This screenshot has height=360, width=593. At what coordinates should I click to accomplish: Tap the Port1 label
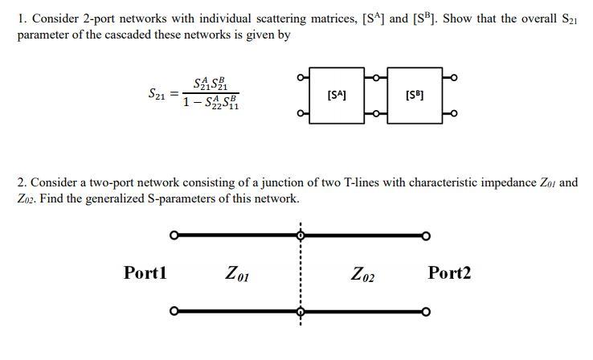(x=145, y=272)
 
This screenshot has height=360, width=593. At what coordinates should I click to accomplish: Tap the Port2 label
(x=449, y=272)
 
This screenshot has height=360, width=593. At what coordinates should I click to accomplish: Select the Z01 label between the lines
(x=238, y=274)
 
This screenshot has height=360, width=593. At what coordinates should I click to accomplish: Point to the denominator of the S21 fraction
(x=211, y=103)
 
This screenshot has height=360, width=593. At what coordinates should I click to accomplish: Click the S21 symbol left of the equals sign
(x=160, y=94)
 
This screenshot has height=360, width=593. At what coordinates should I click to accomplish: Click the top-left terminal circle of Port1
(x=174, y=235)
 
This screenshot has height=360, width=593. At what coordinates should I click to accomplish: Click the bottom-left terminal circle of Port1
(x=174, y=311)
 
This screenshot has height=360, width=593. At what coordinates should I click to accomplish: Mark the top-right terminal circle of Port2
(x=427, y=235)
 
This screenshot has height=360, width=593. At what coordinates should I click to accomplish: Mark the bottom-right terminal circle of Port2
(x=427, y=312)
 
